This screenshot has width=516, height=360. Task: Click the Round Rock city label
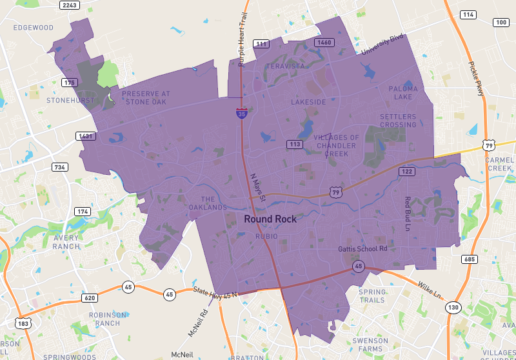[270, 219]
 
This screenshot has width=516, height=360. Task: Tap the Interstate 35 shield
[241, 114]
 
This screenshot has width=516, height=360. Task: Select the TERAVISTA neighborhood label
[285, 66]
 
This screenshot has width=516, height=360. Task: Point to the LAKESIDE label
[308, 102]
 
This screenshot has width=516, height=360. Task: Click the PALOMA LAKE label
[403, 93]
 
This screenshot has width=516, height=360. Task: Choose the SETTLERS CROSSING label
[398, 121]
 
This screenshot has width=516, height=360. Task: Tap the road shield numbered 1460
[324, 43]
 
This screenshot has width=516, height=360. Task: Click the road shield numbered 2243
[69, 5]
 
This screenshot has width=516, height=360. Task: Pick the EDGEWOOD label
[33, 28]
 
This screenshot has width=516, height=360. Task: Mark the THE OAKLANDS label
[208, 203]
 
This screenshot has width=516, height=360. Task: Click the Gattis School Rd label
[362, 249]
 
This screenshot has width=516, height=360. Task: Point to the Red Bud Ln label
[408, 214]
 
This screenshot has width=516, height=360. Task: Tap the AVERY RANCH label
[66, 242]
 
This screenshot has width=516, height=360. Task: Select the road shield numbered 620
[90, 297]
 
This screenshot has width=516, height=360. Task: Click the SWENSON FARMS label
[370, 345]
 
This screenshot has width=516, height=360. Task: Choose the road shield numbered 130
[453, 308]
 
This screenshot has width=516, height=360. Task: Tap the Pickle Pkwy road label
[476, 79]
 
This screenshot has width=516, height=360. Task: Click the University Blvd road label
[382, 44]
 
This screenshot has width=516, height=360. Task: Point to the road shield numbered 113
[295, 145]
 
